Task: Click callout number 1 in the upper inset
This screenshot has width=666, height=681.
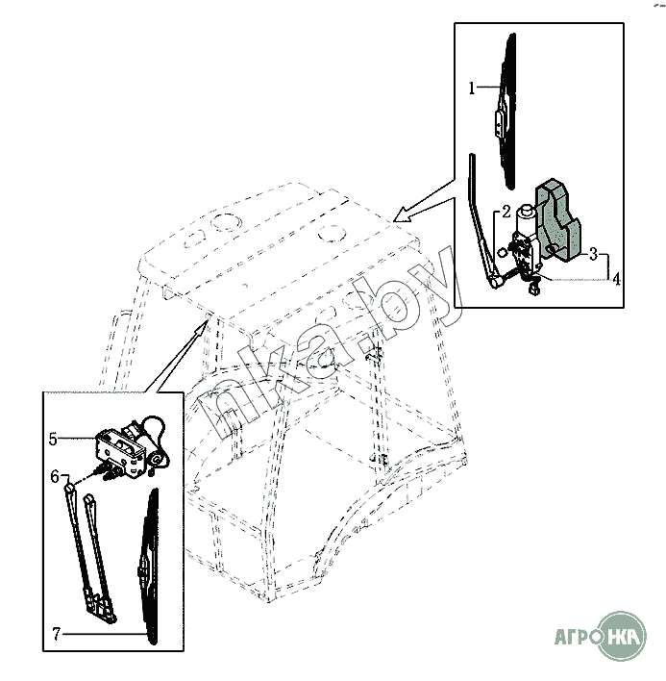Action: pos(472,88)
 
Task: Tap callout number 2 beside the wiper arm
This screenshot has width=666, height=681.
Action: pos(506,212)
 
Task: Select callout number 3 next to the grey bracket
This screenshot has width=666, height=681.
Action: pos(593,255)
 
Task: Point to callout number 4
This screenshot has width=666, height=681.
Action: pos(616,280)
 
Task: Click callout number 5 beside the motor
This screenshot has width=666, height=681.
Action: pos(53,439)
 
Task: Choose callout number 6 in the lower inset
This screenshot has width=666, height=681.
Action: pos(55,477)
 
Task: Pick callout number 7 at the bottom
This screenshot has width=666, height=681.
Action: pos(57,634)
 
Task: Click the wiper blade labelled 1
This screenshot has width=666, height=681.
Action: pos(506,111)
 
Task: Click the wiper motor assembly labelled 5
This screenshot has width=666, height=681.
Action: pos(130,447)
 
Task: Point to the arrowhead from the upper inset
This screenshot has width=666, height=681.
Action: pos(402,214)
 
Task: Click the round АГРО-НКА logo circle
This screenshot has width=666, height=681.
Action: pos(623,637)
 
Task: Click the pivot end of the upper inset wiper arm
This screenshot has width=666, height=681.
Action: pos(495,283)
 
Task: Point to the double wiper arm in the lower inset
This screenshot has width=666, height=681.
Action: pos(90,554)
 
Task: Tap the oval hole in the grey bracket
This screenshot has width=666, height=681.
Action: pos(553,249)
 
